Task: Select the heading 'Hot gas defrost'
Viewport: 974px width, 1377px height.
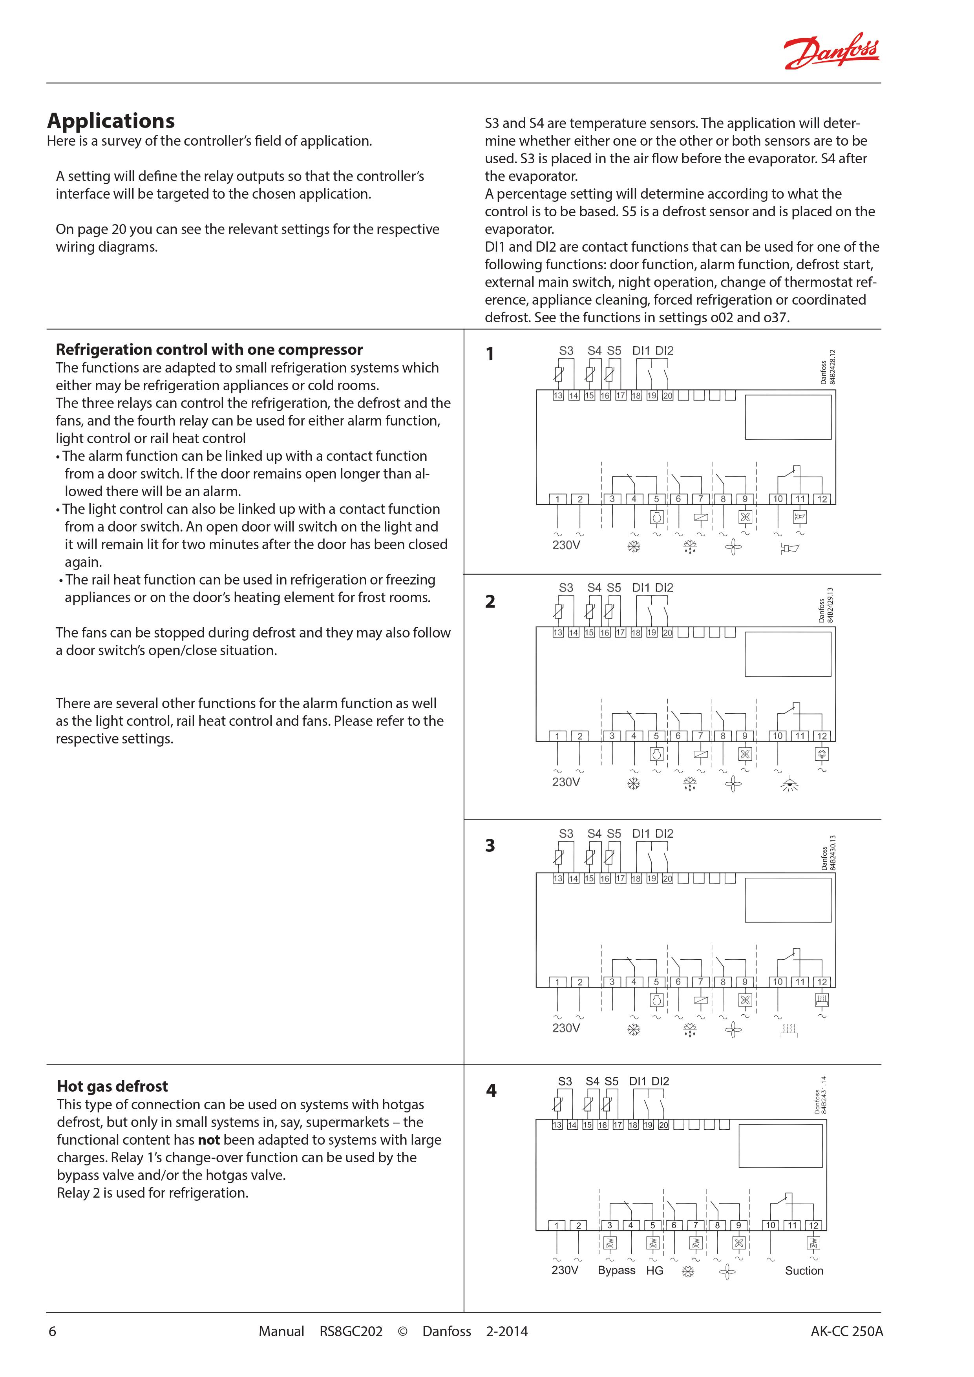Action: (x=112, y=1086)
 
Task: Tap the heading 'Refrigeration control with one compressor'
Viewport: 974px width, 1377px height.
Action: (x=209, y=350)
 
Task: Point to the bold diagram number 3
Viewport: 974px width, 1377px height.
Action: (x=490, y=846)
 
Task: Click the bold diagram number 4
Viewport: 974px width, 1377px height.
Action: (x=491, y=1090)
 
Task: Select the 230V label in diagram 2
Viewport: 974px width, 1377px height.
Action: (x=566, y=782)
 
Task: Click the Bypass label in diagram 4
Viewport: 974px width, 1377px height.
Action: (x=616, y=1270)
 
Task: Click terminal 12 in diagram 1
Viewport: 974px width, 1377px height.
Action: (x=822, y=499)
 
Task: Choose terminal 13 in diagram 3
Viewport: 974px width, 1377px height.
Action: (x=558, y=878)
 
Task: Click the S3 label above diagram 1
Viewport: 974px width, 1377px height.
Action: (x=566, y=351)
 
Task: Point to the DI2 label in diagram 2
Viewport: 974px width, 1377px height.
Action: (x=664, y=588)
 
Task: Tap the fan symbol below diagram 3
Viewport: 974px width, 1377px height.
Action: (x=733, y=1030)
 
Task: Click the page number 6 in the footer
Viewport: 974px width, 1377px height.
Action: (x=52, y=1331)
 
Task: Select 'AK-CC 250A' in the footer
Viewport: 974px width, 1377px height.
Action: (x=846, y=1331)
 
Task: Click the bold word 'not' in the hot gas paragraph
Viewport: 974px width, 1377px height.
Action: (x=209, y=1140)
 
